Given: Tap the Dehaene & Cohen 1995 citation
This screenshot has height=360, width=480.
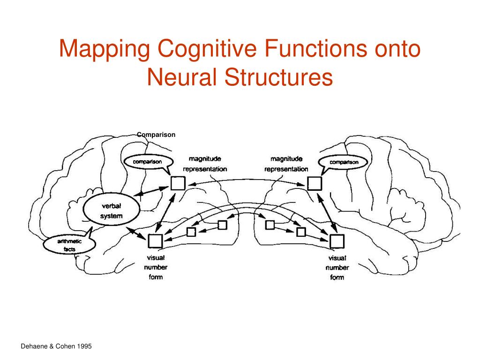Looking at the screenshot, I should (x=56, y=346).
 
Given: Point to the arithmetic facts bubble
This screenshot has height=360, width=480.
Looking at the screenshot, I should (x=69, y=245).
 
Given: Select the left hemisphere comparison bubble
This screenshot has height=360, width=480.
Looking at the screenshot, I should (x=148, y=162).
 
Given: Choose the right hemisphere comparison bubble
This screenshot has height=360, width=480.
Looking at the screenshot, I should (x=344, y=162).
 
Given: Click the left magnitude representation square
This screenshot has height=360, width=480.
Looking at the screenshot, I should (x=178, y=183).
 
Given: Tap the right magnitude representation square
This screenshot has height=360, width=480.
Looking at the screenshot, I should (x=314, y=183).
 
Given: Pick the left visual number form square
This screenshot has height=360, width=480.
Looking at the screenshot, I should (x=155, y=241).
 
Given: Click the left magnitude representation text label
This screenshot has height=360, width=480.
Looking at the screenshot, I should (x=205, y=164).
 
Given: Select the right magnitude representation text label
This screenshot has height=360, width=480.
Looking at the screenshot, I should (x=286, y=164).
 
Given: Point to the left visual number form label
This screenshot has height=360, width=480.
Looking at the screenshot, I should (x=156, y=267).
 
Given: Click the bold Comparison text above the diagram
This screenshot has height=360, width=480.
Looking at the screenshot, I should (x=157, y=135).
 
